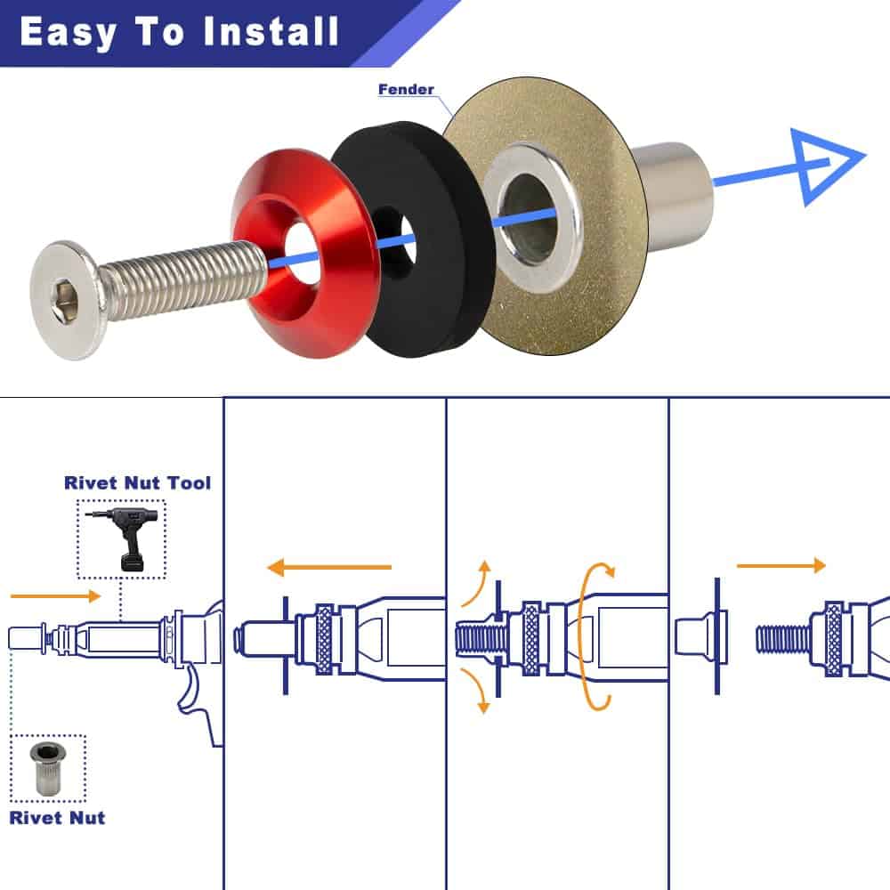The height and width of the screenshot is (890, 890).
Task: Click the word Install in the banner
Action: (x=271, y=32)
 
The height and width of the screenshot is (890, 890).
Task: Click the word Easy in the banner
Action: (x=68, y=33)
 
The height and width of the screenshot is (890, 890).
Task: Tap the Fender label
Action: (x=406, y=90)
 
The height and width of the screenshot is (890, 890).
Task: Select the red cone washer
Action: (x=303, y=246)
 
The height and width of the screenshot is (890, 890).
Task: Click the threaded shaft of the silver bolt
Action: (x=182, y=278)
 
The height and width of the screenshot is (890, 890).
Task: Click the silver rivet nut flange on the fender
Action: (x=530, y=219)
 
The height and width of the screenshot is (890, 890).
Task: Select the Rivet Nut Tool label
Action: (x=137, y=483)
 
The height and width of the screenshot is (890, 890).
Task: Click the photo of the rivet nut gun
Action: (x=121, y=539)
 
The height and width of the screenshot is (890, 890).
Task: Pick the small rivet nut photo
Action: (x=48, y=768)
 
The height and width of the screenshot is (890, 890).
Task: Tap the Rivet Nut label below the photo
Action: (x=57, y=818)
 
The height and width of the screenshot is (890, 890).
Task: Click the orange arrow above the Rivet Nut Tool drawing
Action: (x=55, y=595)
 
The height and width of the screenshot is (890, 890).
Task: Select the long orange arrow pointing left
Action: (x=329, y=567)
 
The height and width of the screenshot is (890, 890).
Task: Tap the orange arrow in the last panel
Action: (x=781, y=565)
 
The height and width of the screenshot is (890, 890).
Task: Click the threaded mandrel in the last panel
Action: (x=784, y=638)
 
